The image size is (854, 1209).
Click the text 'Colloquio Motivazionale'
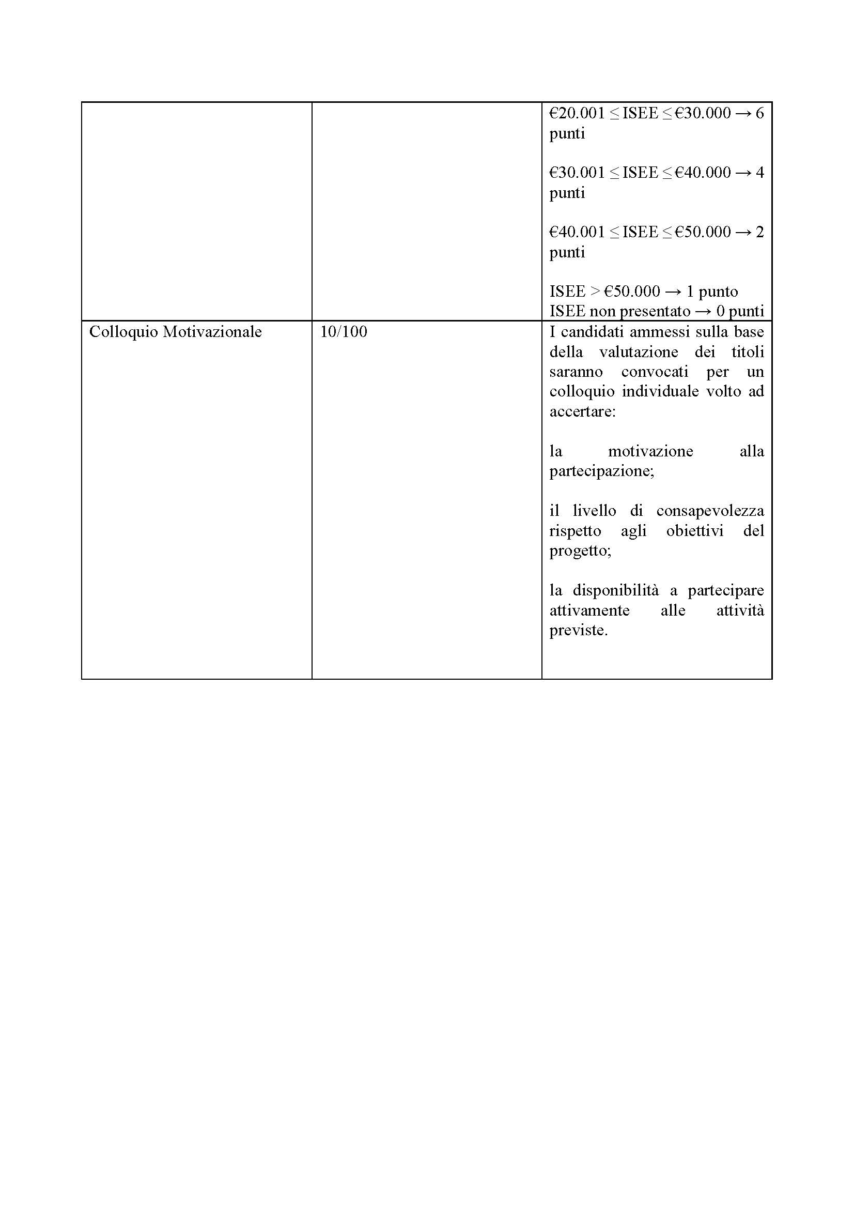[175, 332]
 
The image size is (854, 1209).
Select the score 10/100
[343, 332]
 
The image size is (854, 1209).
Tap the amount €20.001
[577, 113]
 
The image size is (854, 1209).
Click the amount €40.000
[703, 173]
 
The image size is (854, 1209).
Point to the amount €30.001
[577, 173]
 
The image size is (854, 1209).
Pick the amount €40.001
[577, 232]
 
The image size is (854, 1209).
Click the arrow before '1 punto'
[673, 292]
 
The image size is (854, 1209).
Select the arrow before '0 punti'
[703, 312]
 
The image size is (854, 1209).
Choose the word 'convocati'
[655, 372]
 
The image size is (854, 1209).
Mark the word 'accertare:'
[582, 411]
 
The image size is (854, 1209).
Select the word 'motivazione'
[650, 451]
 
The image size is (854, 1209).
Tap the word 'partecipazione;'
[601, 471]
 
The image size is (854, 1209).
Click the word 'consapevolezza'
[710, 511]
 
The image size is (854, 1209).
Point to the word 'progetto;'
[580, 551]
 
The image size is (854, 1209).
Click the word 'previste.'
[578, 630]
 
